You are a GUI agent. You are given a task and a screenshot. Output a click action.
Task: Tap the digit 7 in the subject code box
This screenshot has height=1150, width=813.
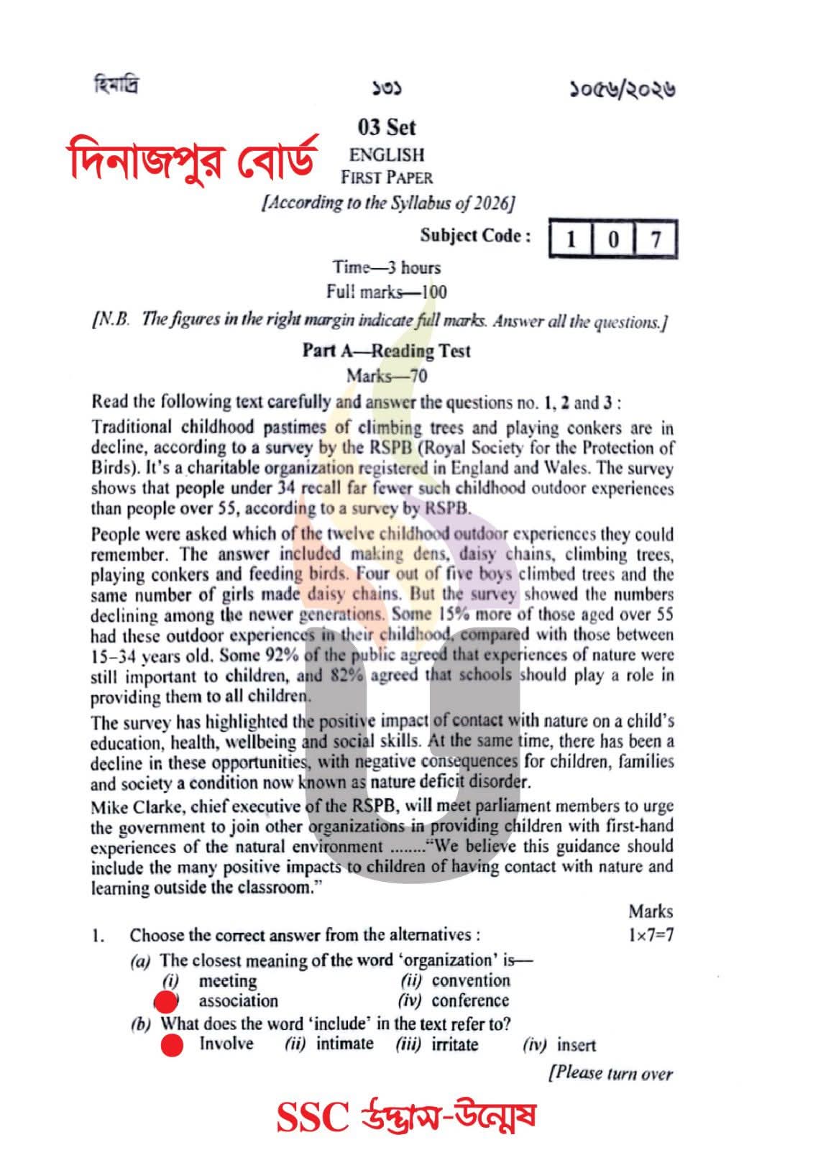tap(655, 239)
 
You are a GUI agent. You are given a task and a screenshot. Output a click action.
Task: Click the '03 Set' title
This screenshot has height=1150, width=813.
tap(387, 128)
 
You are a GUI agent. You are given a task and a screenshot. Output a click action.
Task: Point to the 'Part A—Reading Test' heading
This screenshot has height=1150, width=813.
tap(386, 351)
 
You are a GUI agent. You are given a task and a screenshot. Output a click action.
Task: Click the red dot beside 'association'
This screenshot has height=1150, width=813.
tap(167, 1001)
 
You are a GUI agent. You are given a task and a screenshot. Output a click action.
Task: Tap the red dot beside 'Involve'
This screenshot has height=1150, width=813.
tap(172, 1045)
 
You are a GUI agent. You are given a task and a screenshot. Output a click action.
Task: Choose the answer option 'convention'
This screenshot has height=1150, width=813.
tap(471, 980)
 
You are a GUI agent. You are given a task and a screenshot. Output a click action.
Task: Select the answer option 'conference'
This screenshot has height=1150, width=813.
tap(470, 1000)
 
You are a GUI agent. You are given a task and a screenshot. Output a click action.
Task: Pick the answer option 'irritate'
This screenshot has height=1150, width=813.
tap(454, 1044)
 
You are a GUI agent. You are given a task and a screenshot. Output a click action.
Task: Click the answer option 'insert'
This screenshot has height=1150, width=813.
tap(576, 1046)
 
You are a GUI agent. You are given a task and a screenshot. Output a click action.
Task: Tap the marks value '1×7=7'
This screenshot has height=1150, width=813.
tap(650, 935)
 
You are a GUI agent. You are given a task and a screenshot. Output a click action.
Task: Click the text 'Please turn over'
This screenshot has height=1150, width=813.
tap(611, 1074)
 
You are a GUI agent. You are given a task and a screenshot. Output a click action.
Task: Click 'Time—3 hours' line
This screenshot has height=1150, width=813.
tap(386, 267)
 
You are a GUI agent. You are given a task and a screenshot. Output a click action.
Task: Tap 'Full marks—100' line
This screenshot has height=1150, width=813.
tap(386, 292)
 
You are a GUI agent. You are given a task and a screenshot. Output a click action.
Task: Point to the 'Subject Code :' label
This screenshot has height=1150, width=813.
tap(476, 236)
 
